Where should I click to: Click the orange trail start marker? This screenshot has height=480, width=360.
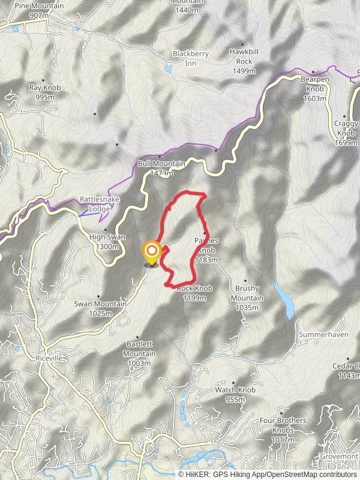tap(152, 251)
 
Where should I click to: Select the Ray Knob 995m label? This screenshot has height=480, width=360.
tap(45, 92)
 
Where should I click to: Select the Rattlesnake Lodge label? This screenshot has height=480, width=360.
tap(95, 204)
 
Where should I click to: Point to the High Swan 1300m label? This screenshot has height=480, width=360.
tap(107, 241)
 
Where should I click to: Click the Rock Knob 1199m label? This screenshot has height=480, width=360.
tap(194, 292)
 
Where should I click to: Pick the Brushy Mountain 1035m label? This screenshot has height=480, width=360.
tap(247, 294)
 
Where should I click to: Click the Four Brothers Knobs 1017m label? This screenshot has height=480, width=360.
tap(283, 430)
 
